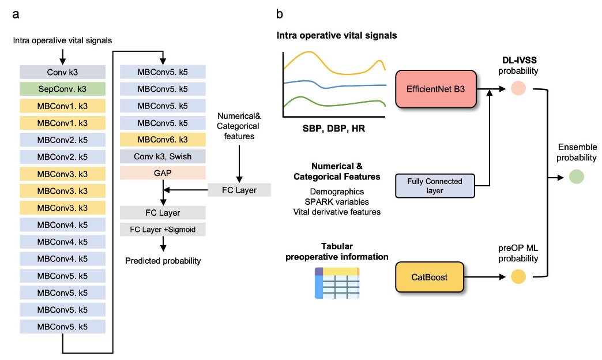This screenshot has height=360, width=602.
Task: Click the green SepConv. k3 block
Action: pyautogui.click(x=63, y=89)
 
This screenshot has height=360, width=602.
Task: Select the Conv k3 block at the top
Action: pyautogui.click(x=63, y=72)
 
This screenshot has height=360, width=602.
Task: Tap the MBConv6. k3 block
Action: pyautogui.click(x=163, y=140)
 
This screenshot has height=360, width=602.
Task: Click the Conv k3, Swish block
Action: pyautogui.click(x=163, y=156)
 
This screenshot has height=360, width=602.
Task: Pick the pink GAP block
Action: pyautogui.click(x=163, y=173)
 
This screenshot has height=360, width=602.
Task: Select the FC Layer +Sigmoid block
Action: pyautogui.click(x=163, y=230)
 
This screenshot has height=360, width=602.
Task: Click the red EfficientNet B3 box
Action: pyautogui.click(x=436, y=89)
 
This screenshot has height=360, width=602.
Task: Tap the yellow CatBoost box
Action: pyautogui.click(x=429, y=277)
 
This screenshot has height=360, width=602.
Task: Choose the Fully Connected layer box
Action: pyautogui.click(x=435, y=186)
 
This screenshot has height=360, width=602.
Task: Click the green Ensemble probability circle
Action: pyautogui.click(x=576, y=177)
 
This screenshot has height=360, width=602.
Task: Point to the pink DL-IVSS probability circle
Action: pyautogui.click(x=518, y=88)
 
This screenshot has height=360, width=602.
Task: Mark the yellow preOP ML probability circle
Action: pyautogui.click(x=518, y=276)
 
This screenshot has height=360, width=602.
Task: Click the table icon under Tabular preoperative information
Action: pyautogui.click(x=337, y=283)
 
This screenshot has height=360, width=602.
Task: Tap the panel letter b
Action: pyautogui.click(x=280, y=14)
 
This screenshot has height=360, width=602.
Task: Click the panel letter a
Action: pyautogui.click(x=16, y=14)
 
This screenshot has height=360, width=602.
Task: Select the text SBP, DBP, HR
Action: pyautogui.click(x=334, y=128)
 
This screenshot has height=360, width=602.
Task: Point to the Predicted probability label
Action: pyautogui.click(x=163, y=261)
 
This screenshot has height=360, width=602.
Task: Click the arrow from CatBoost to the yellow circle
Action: pyautogui.click(x=484, y=276)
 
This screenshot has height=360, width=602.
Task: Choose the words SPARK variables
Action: pyautogui.click(x=337, y=202)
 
